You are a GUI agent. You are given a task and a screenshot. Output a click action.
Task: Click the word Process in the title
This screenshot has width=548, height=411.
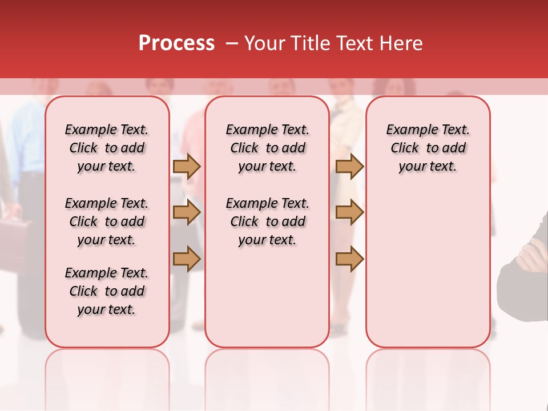click(176, 43)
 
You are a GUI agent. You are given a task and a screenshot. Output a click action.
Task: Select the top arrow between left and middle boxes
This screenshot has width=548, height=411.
click(186, 166)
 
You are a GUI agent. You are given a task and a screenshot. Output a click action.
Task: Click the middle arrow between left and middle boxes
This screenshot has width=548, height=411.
click(186, 212)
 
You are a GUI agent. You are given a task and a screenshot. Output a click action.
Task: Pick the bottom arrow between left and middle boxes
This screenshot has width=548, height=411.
click(186, 259)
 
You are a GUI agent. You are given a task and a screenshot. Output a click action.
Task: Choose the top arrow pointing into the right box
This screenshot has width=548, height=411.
click(349, 166)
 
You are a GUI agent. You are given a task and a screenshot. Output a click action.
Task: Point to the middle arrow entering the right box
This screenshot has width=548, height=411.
click(349, 212)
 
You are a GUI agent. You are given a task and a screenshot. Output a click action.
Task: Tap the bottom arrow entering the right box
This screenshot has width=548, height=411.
click(349, 259)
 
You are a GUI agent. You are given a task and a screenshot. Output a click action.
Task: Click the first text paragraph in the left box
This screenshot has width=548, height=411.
click(107, 148)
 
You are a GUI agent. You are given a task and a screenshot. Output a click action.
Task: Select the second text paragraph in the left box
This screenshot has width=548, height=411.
click(107, 221)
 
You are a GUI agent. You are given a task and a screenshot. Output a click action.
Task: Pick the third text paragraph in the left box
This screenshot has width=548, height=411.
click(107, 291)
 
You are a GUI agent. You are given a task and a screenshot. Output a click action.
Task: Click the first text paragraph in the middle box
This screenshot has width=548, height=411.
click(268, 148)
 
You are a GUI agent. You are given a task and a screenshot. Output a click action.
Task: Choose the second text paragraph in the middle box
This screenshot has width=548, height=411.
click(268, 221)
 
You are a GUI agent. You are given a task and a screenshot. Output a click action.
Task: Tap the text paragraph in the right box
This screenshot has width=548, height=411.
click(428, 148)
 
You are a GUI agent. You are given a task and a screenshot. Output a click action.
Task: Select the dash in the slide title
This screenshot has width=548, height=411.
click(232, 43)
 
